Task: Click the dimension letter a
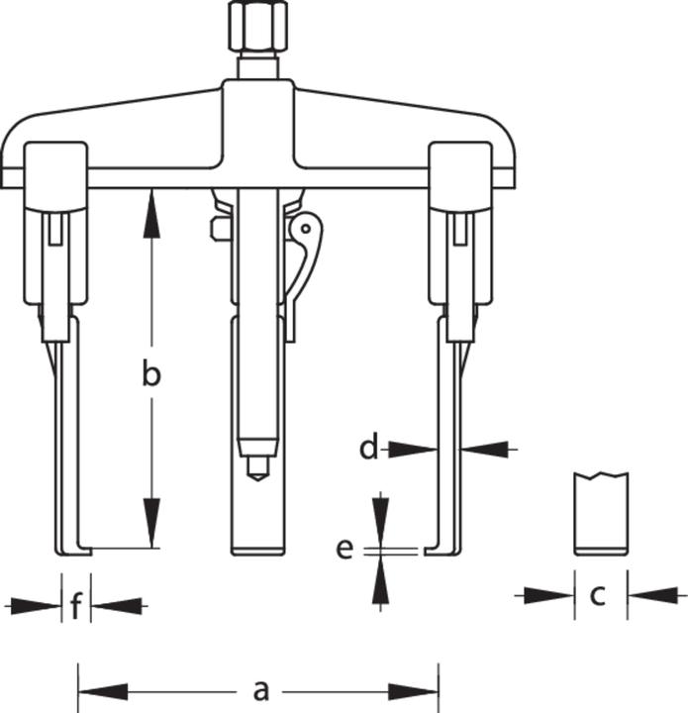pos(260,689)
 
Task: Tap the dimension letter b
pos(150,375)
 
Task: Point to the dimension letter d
pos(368,449)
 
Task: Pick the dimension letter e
pos(344,548)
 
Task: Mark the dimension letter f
pos(75,605)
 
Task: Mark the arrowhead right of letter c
pos(649,594)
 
